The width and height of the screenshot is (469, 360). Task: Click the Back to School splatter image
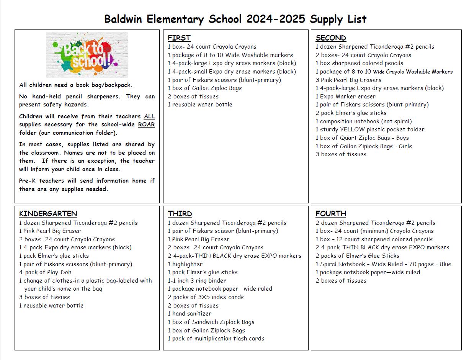click(x=87, y=55)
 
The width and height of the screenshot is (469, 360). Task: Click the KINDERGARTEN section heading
click(x=48, y=214)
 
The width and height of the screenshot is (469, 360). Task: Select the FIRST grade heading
click(x=179, y=38)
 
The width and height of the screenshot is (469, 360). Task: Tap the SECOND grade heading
click(x=331, y=38)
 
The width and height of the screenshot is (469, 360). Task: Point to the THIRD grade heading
click(x=180, y=214)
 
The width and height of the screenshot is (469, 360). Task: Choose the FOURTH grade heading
click(x=331, y=214)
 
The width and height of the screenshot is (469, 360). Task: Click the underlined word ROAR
click(x=146, y=124)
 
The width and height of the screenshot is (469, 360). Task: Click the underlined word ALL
click(x=149, y=116)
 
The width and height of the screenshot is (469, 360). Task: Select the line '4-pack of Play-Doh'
click(x=45, y=272)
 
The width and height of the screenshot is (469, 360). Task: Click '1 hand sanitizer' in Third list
click(x=190, y=314)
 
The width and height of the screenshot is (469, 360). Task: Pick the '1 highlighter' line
click(x=185, y=264)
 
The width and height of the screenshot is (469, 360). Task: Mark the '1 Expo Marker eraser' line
click(x=346, y=97)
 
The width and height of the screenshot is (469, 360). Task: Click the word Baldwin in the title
click(x=123, y=19)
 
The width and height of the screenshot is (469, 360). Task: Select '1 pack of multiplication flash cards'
click(x=216, y=339)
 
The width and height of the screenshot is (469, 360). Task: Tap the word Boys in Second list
click(x=402, y=138)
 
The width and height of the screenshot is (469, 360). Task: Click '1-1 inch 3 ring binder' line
click(x=197, y=281)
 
